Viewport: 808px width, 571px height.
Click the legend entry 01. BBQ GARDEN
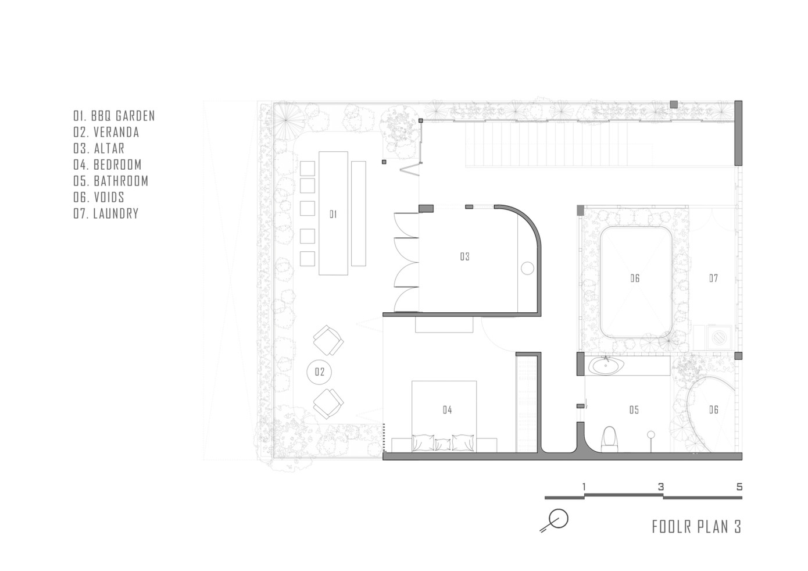tap(114, 116)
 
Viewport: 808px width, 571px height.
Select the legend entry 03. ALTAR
tap(99, 149)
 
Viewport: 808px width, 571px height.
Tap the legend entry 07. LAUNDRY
tap(106, 213)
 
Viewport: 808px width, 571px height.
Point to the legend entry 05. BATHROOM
tap(111, 181)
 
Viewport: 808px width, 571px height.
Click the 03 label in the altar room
tap(464, 256)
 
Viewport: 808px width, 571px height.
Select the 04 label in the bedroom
tap(447, 410)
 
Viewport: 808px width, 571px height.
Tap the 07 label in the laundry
tap(713, 278)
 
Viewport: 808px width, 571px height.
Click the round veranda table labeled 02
tap(319, 372)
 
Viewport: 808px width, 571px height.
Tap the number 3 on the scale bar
tap(660, 487)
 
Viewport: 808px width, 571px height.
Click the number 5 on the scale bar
tap(739, 487)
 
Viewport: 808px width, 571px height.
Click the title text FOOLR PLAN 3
tap(696, 527)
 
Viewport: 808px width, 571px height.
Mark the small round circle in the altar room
tap(527, 269)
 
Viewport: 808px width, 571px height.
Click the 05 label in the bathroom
tap(634, 410)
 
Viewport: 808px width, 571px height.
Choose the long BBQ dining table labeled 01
tap(333, 213)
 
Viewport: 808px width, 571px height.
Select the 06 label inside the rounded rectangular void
tap(635, 278)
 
